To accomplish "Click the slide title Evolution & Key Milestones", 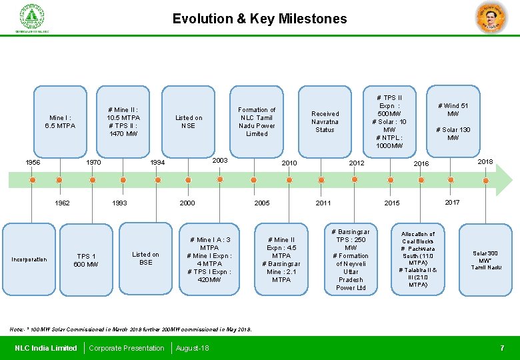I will [x=259, y=19].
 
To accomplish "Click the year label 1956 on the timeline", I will [x=32, y=162].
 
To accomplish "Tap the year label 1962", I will [x=62, y=203].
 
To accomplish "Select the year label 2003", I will [x=220, y=161].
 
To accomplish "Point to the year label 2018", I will [x=485, y=161].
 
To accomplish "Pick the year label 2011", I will [x=323, y=203].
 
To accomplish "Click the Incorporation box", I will [x=29, y=259].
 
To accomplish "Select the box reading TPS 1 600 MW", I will [x=87, y=260].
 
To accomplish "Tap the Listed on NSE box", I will [x=189, y=122].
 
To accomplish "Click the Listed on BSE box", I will [x=145, y=258].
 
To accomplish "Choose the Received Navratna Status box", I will [x=325, y=122].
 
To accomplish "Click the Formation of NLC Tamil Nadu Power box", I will [x=257, y=122].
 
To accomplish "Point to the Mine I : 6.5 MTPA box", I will [x=60, y=121].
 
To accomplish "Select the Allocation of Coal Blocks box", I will [x=418, y=259].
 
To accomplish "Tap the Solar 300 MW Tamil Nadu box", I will [x=485, y=260].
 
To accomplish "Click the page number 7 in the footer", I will [x=502, y=348].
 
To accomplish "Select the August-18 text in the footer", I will [x=192, y=348].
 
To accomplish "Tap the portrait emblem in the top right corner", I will [x=491, y=18].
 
